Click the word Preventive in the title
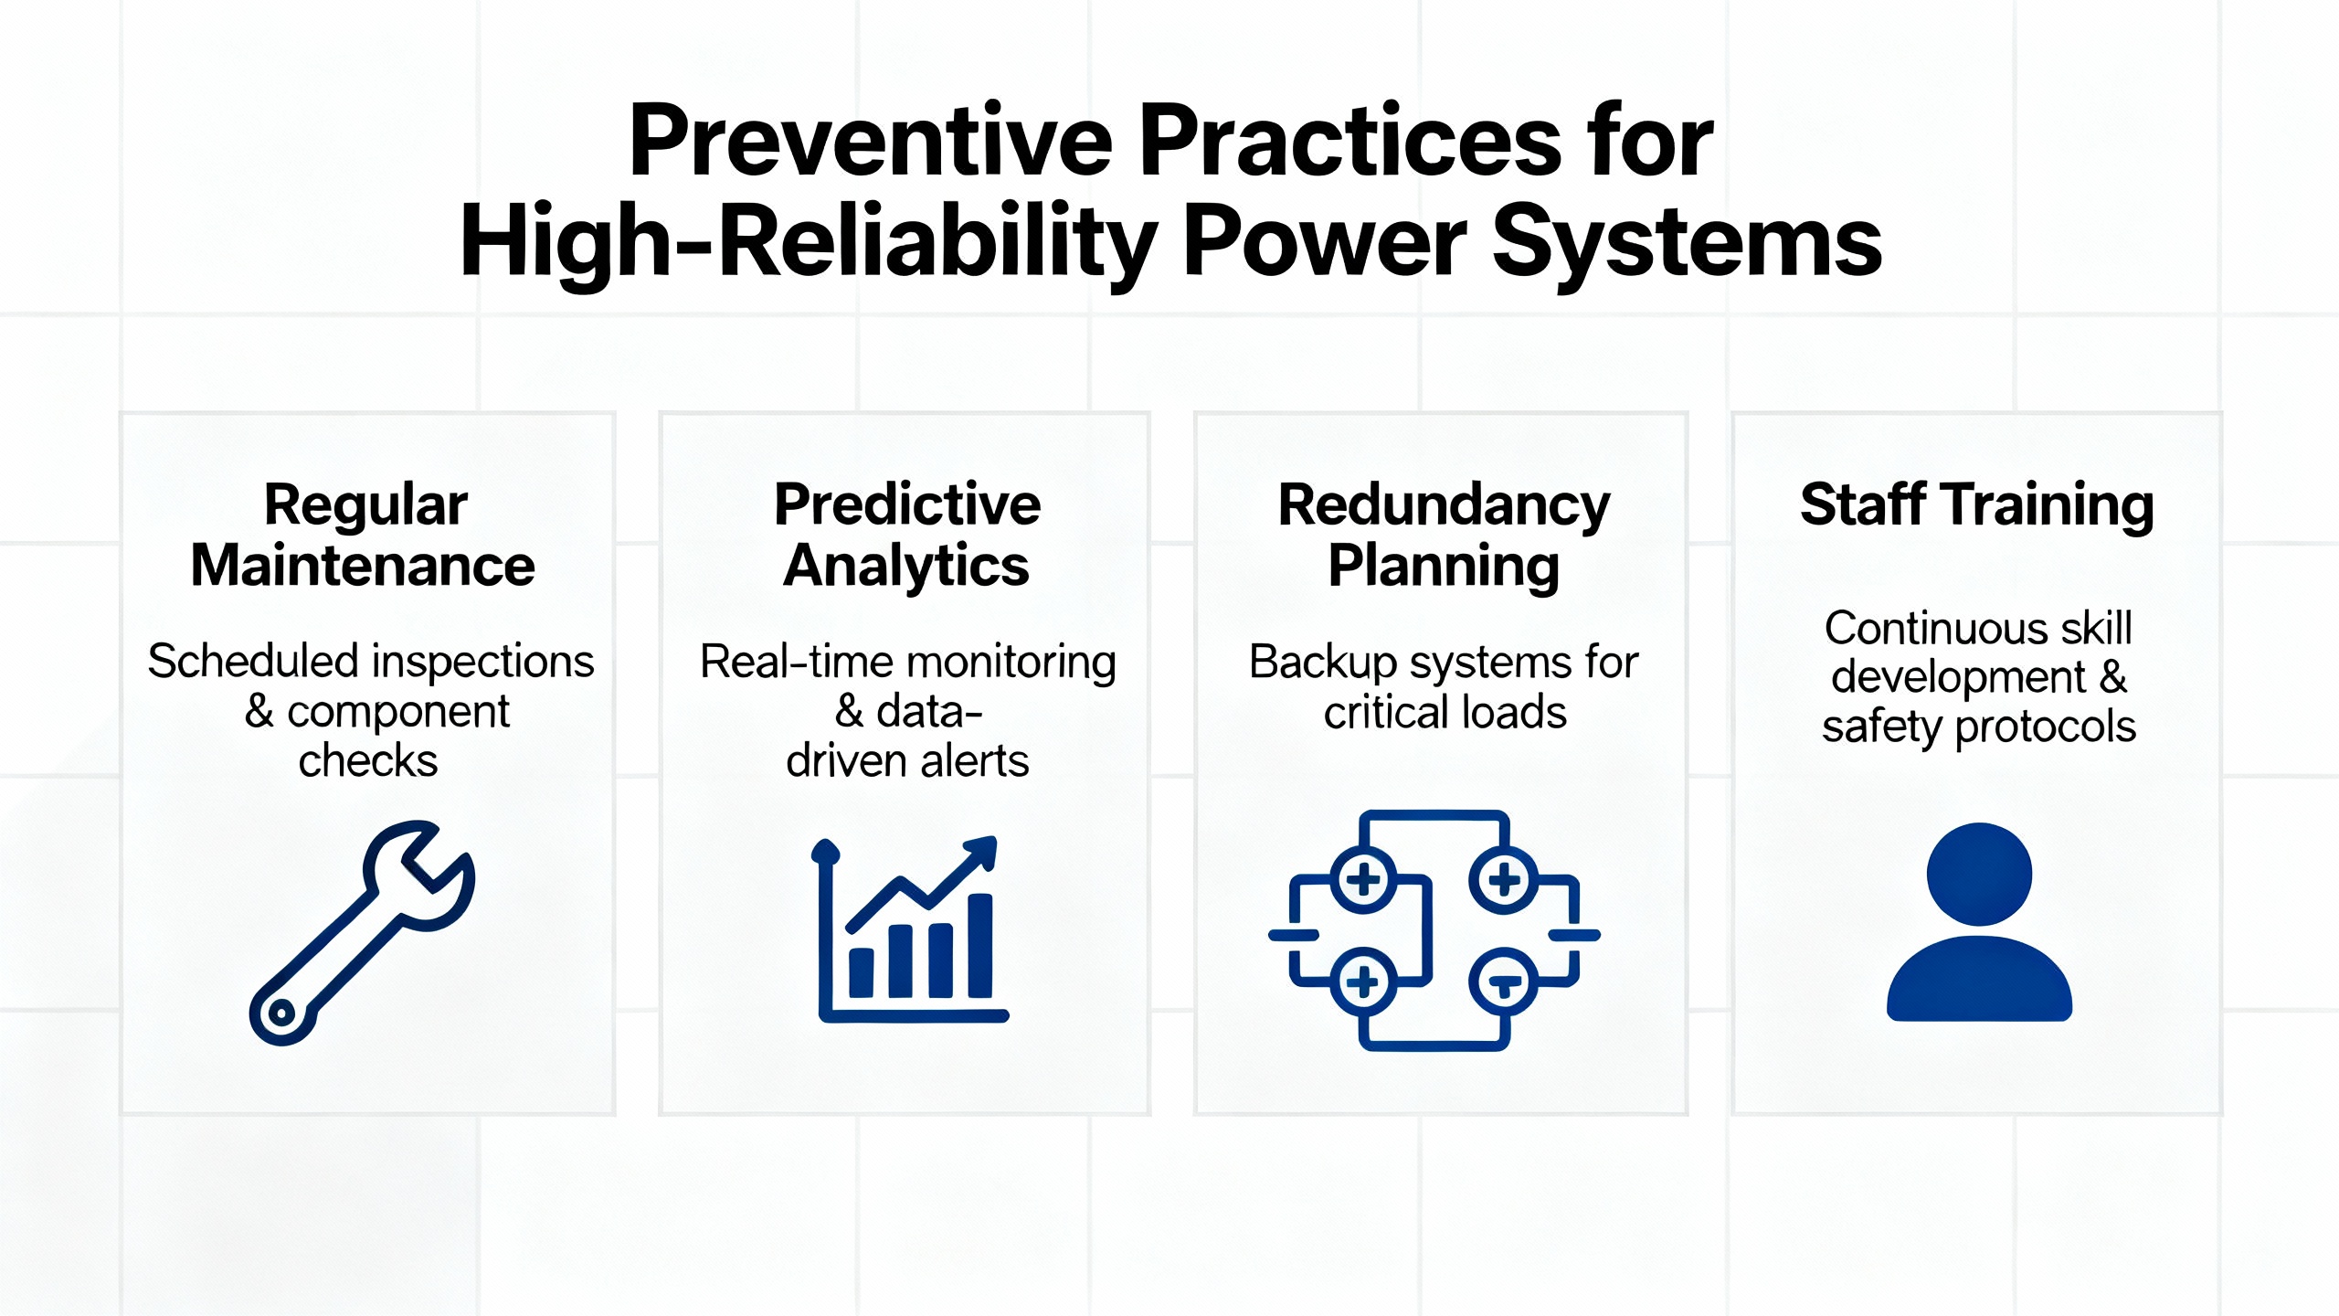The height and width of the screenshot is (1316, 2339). [872, 141]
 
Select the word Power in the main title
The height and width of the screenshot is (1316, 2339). [1325, 241]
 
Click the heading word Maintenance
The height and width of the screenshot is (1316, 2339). [363, 566]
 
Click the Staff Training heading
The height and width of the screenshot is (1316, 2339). [1977, 505]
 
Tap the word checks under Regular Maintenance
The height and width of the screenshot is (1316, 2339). [368, 760]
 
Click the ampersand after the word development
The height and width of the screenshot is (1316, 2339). [2113, 677]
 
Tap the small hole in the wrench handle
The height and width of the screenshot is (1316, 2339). [281, 1012]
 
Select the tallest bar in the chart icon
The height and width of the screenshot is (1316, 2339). [979, 946]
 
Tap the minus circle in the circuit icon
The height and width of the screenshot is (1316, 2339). [1504, 982]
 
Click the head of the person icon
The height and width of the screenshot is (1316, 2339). [1979, 874]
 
